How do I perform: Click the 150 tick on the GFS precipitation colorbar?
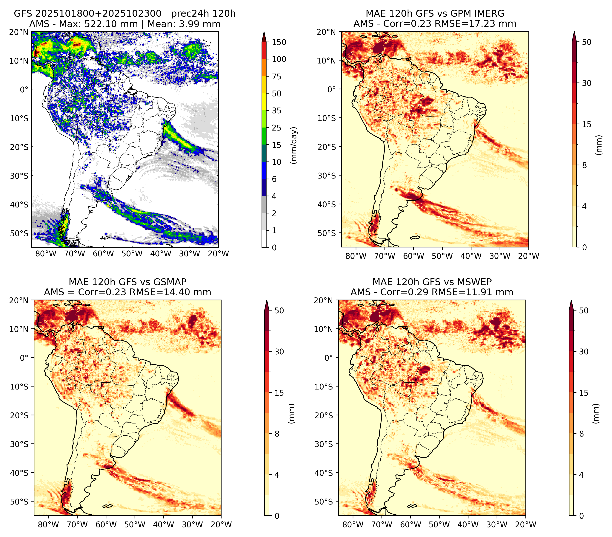pos(279,42)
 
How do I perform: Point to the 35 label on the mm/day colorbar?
pos(277,111)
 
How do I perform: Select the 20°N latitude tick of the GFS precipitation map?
pos(19,32)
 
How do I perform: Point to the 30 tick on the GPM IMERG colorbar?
pos(587,83)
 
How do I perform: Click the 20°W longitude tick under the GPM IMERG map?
pos(528,256)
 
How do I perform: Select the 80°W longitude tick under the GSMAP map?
pos(49,525)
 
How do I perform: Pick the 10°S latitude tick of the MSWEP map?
pos(324,387)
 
